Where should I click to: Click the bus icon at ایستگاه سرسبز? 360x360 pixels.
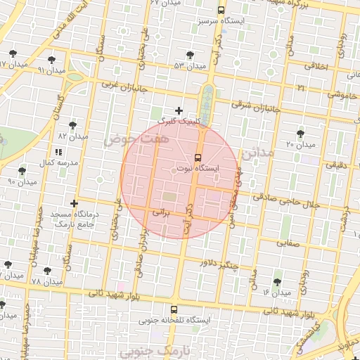pos(221,11)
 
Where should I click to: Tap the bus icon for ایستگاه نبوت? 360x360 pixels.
pos(198,157)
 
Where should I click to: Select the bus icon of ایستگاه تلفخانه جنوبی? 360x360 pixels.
pos(174,309)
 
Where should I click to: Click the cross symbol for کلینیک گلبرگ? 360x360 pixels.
pos(179,110)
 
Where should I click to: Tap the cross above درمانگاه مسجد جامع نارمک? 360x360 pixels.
pos(74,203)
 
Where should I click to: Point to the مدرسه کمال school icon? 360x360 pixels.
pos(58,152)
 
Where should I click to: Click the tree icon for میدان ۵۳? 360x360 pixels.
pos(190,55)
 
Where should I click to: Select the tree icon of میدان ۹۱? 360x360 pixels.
pos(53,59)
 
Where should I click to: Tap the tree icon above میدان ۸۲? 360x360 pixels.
pos(72,125)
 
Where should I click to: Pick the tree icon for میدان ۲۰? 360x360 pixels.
pos(301,133)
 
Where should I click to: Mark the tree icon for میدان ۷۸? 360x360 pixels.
pos(47,270)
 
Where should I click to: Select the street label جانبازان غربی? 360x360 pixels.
pos(111,84)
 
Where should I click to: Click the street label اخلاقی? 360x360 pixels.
pos(317,65)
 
